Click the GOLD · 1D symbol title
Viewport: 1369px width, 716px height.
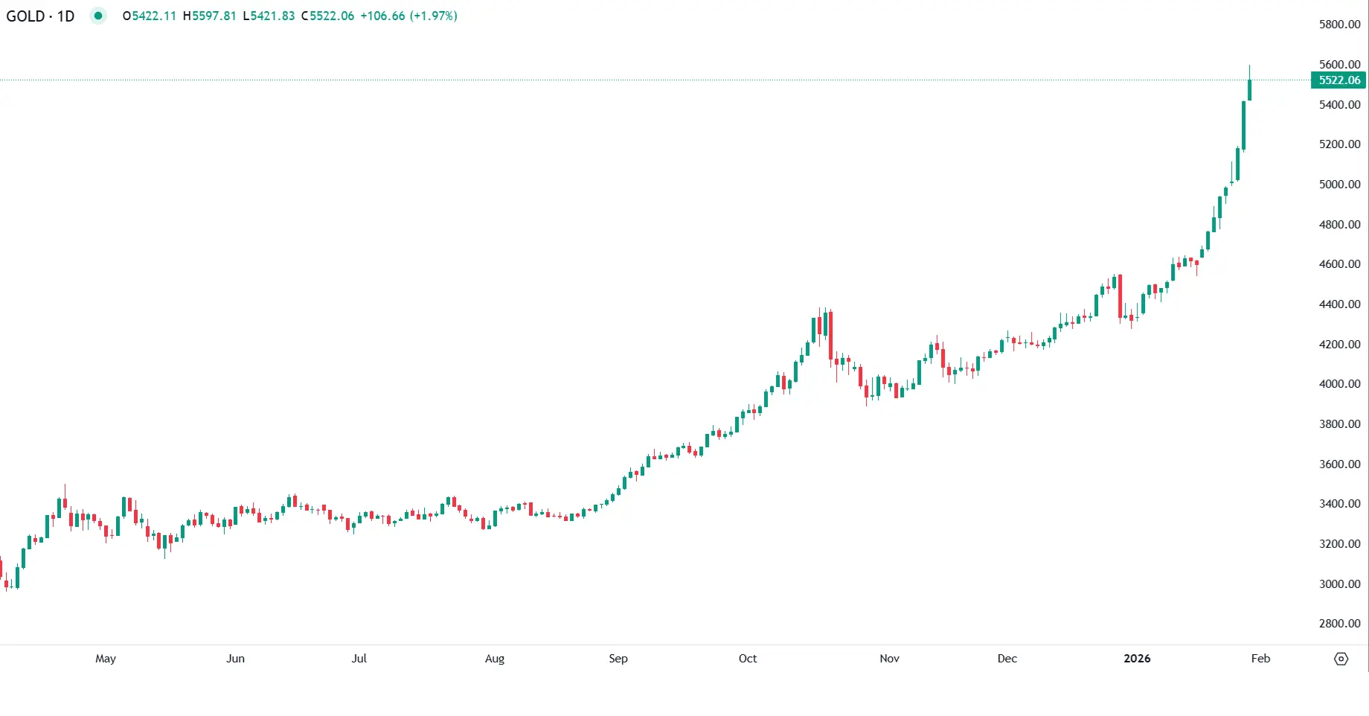pos(40,16)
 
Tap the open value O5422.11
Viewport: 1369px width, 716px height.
pos(150,16)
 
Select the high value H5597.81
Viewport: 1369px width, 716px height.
pos(210,16)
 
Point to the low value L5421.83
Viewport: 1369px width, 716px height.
pos(269,16)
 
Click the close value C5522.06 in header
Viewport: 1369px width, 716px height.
pos(328,16)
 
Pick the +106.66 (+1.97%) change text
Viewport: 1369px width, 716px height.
pos(408,16)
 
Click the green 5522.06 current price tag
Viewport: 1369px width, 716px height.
pos(1338,80)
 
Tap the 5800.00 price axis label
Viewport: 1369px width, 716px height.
pos(1339,25)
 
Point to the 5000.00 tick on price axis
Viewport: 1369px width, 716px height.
pos(1339,185)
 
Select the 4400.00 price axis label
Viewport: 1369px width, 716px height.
pos(1339,304)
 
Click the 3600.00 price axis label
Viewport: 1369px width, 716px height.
pos(1339,464)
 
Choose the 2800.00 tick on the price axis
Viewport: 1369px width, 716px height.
pos(1339,624)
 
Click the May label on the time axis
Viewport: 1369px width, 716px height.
pos(106,659)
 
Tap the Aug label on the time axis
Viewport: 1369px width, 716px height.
pos(495,659)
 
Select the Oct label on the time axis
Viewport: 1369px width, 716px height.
pos(748,659)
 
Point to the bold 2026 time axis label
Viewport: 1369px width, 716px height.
pos(1137,659)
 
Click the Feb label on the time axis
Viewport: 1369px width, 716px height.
pos(1260,659)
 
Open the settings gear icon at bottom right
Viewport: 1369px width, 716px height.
pos(1341,659)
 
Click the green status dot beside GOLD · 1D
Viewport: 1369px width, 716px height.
pos(98,16)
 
